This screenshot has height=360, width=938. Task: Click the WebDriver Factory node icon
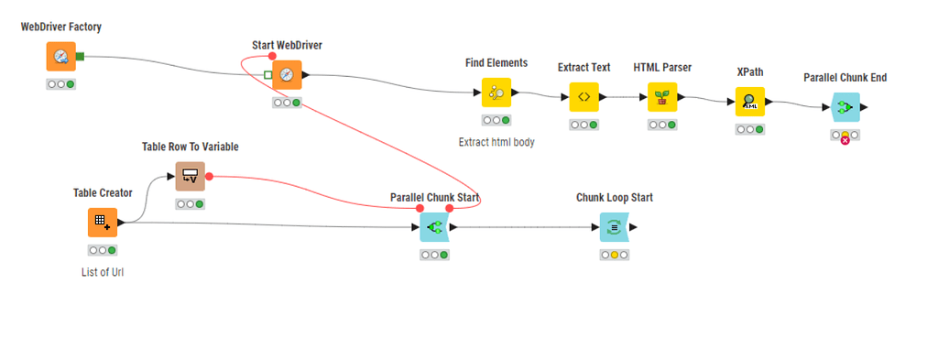61,57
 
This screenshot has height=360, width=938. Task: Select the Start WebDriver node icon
287,75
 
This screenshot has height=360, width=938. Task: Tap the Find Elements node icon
496,93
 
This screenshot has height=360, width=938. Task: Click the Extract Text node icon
584,97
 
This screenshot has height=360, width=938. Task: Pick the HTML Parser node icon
662,97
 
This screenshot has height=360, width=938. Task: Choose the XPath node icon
750,103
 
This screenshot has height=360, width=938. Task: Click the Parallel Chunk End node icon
845,107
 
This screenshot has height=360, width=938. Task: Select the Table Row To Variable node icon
191,176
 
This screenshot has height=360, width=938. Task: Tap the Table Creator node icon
103,223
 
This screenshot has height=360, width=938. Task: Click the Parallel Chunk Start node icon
434,227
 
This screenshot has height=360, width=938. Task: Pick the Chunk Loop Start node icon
614,227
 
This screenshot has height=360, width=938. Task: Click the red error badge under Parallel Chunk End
845,139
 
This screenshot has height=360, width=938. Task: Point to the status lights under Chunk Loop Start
614,255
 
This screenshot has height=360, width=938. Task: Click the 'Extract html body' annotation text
496,142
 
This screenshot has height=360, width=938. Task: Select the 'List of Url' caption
103,272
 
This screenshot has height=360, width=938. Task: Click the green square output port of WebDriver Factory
81,57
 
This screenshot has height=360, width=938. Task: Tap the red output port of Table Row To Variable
210,176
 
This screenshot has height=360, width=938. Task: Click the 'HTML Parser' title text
662,68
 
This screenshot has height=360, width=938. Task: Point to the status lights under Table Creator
103,250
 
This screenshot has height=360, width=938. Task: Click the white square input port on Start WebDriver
267,75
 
